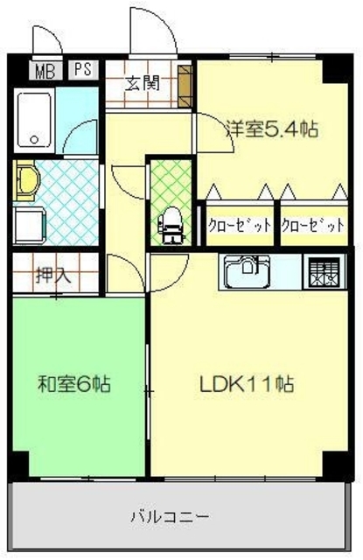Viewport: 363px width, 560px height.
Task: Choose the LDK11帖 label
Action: (x=248, y=383)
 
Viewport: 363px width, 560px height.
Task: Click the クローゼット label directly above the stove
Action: (x=313, y=225)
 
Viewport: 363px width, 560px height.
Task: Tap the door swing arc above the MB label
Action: (x=44, y=38)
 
